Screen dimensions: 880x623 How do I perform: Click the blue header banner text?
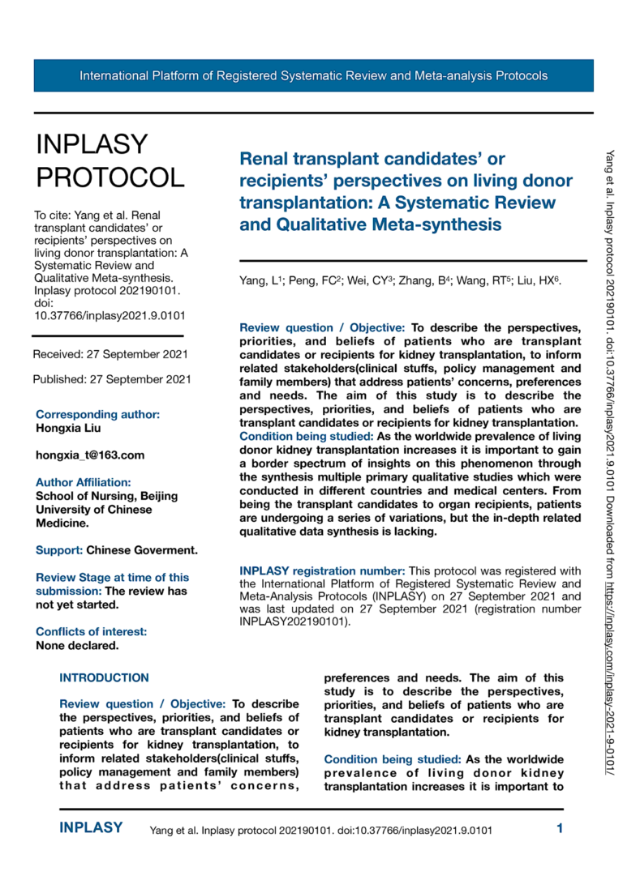pos(313,76)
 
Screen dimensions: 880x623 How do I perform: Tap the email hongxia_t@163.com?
pos(89,455)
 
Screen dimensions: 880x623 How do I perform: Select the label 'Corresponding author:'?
pos(97,414)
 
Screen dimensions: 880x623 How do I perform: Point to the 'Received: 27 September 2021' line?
pos(110,354)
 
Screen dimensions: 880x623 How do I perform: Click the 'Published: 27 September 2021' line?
pos(112,378)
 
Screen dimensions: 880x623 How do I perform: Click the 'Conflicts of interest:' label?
pos(91,632)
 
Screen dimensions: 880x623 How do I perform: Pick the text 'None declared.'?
pos(77,646)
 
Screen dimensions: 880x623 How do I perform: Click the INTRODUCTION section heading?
pos(104,677)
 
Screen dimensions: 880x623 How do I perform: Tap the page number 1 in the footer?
pos(560,828)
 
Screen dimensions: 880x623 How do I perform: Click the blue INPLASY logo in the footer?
pos(91,828)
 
